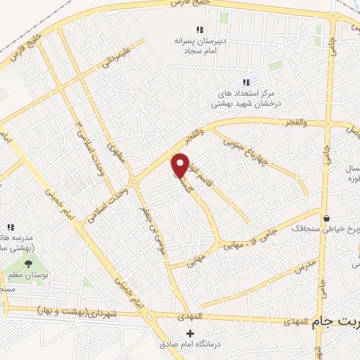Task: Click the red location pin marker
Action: [x=181, y=165]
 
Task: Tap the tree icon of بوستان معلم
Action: [x=29, y=264]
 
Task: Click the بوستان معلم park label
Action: [x=25, y=275]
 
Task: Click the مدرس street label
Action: [x=307, y=266]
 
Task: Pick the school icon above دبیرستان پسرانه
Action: [x=200, y=30]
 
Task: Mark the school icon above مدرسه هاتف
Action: [x=11, y=227]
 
